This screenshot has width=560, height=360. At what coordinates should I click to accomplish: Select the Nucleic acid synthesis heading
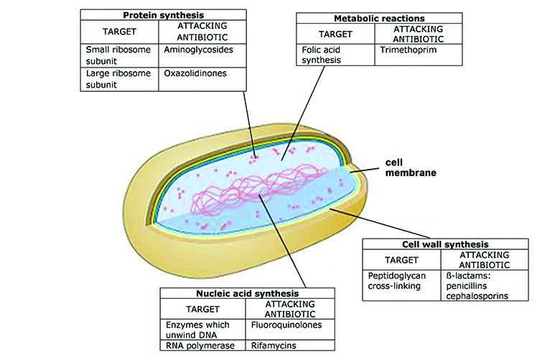(247, 293)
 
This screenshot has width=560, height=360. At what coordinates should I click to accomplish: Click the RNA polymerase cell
(199, 349)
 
